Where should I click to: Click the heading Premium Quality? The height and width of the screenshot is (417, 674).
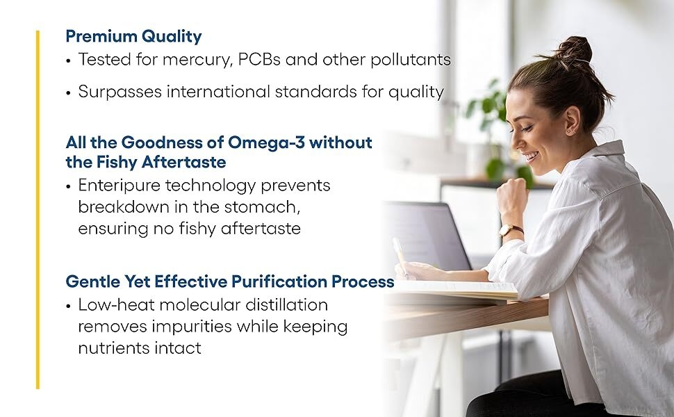pos(133,36)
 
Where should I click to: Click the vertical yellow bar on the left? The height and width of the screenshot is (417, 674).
pos(38,208)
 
